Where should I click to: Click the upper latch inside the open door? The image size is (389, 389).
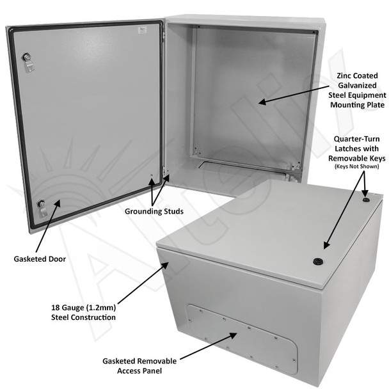coord(28,62)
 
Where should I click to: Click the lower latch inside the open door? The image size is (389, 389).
coord(42,208)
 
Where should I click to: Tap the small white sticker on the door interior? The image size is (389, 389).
coord(142,30)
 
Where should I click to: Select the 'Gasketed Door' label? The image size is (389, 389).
coord(40,259)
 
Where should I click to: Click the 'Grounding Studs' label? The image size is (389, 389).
coord(154,211)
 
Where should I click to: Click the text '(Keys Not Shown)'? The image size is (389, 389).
coord(357,166)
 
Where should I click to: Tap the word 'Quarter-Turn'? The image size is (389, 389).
coord(357,139)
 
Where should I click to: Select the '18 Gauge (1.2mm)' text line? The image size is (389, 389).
coord(84,308)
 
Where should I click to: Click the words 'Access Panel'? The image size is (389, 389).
coord(139,371)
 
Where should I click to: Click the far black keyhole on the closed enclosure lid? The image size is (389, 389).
coord(365,200)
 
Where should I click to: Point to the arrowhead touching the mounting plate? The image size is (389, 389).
coord(262,102)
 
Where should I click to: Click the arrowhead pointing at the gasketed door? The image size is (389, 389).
coord(58,203)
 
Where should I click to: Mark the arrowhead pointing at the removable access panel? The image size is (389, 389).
coord(233,335)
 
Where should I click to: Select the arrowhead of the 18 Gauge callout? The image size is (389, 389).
coord(166,265)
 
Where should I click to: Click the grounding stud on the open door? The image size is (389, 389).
coord(152,176)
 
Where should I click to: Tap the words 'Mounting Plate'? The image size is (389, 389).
coord(357,105)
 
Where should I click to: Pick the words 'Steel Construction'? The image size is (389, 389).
coord(83,317)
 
